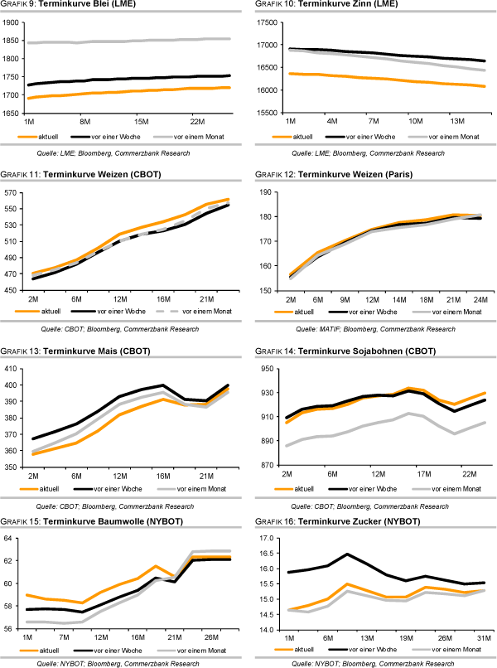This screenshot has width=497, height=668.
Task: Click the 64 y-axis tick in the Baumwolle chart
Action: pos(16,538)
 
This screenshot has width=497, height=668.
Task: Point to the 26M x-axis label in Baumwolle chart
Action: pos(210,637)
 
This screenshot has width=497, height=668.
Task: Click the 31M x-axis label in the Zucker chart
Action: pos(483,637)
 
